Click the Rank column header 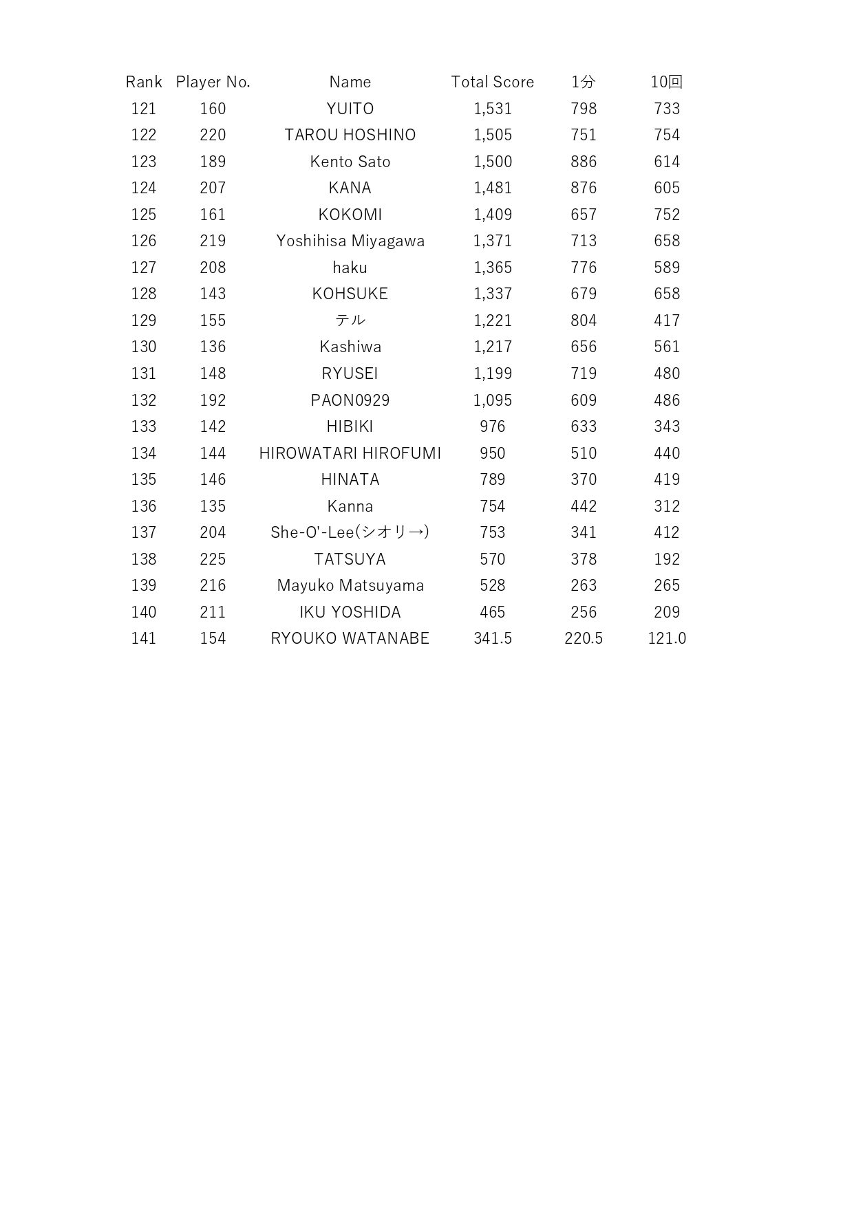point(144,82)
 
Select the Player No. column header point(213,82)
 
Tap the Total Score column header point(492,82)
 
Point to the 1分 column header point(583,82)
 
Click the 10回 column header point(666,82)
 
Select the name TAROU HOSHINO point(350,135)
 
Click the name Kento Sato point(350,162)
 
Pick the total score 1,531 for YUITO point(493,109)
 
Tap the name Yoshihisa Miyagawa point(350,241)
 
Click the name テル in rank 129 point(350,320)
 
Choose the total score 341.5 point(493,638)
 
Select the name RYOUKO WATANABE point(350,638)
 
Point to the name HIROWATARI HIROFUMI point(350,453)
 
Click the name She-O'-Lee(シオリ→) point(350,532)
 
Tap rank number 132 point(144,400)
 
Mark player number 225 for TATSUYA point(213,559)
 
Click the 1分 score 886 point(584,162)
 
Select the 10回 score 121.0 point(667,638)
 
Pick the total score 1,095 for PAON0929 point(493,400)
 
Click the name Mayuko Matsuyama point(350,585)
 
